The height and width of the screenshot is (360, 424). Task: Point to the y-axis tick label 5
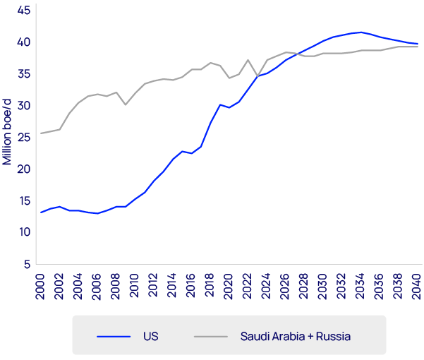tap(26, 264)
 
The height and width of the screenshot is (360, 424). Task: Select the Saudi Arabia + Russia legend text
tap(295, 336)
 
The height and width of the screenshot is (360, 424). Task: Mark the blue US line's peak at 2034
tap(361, 32)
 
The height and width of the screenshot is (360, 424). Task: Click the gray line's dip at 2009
tap(126, 104)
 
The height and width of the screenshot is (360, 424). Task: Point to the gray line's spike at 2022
tap(248, 60)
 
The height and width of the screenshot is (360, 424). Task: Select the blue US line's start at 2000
tap(41, 212)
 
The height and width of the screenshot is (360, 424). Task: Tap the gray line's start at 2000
tap(41, 133)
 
